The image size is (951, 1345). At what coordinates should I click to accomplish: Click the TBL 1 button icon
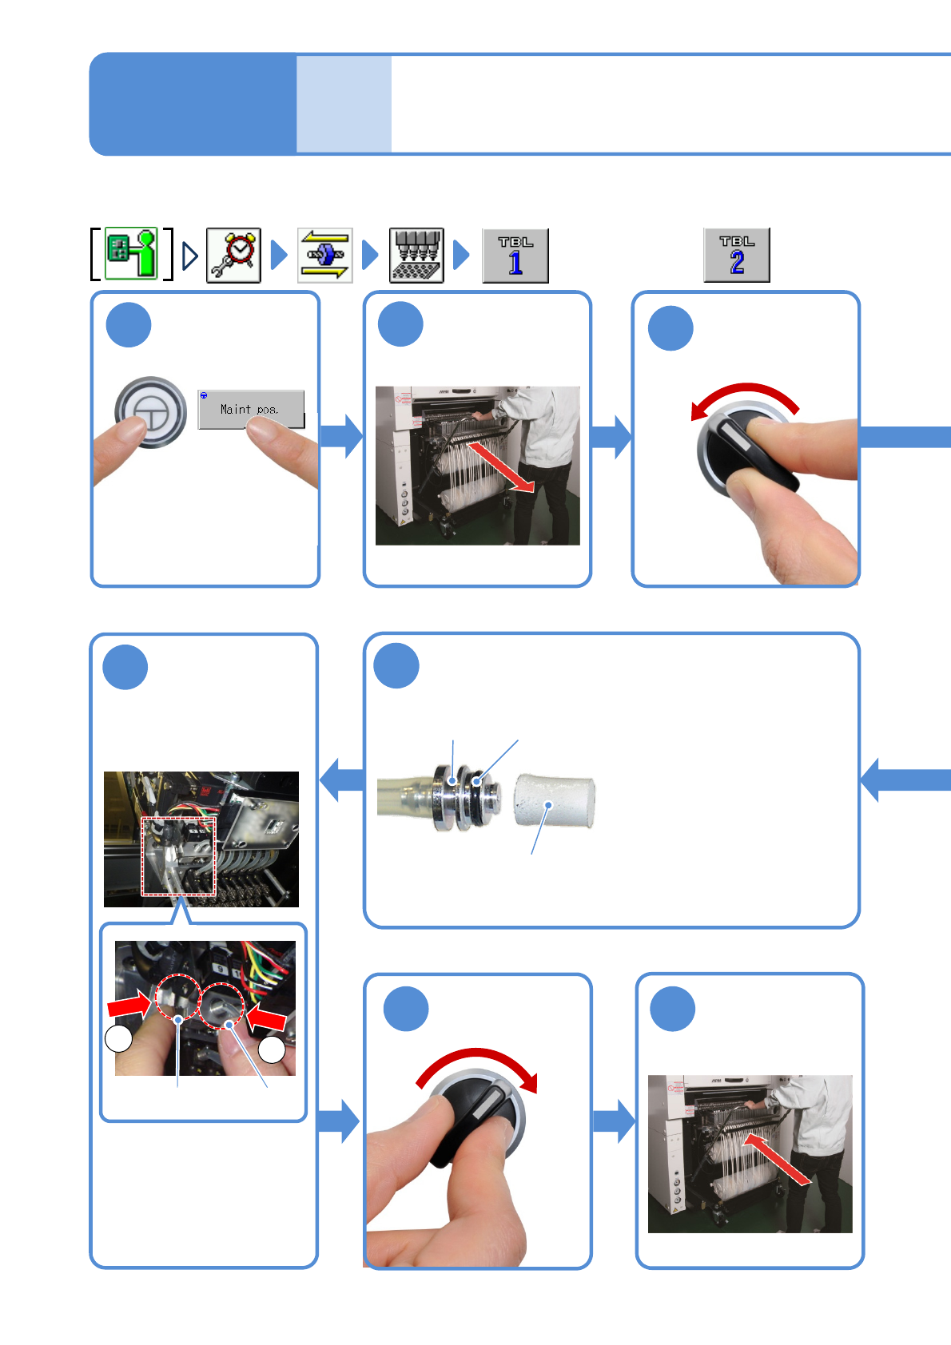pos(515,256)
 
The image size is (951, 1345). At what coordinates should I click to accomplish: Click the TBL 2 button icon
pos(737,255)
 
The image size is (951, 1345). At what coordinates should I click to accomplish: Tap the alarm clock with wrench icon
pos(233,256)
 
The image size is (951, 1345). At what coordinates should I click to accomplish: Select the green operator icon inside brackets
pos(131,254)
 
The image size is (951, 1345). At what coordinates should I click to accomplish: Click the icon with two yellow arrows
pos(325,256)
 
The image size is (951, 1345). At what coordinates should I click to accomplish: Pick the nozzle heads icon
pos(416,256)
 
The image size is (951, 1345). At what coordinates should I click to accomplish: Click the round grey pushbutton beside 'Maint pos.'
pos(150,411)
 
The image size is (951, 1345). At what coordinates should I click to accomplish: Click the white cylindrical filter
pos(555,800)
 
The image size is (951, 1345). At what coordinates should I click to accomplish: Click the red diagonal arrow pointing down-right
pos(501,468)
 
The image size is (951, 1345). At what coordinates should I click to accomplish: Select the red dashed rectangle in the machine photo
pos(179,856)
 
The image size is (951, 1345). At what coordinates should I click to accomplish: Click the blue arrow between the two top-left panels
pos(341,436)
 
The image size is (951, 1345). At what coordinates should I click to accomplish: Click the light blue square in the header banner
pos(344,104)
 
